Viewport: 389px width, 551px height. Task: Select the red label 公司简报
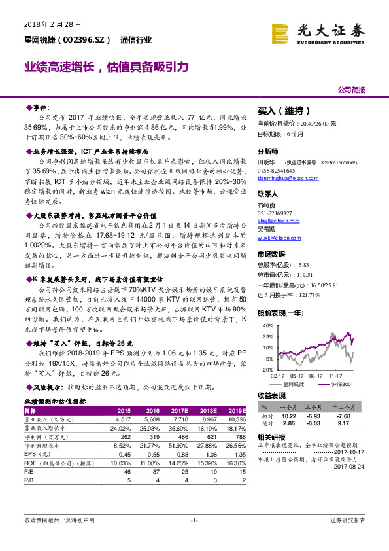[351, 90]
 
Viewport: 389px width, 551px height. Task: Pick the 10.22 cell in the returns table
[288, 416]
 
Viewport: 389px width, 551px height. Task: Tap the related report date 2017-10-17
[350, 452]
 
